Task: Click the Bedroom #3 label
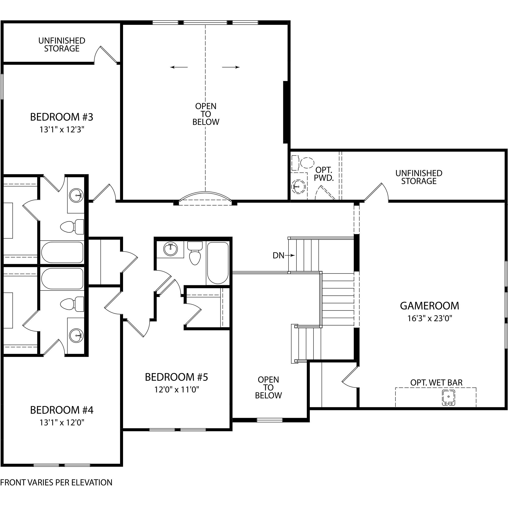(x=62, y=117)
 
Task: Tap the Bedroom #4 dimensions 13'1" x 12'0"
(x=62, y=422)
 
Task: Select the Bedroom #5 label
(x=176, y=377)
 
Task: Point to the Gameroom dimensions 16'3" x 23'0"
(x=430, y=318)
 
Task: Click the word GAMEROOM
(x=430, y=306)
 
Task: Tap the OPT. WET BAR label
(x=436, y=382)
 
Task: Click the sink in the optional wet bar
(x=448, y=397)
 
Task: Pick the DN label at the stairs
(x=279, y=255)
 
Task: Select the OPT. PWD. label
(x=324, y=174)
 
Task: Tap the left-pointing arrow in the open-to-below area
(x=179, y=67)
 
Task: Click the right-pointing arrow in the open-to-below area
(x=231, y=67)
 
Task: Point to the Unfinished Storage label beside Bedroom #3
(x=62, y=45)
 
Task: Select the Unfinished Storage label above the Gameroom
(x=419, y=177)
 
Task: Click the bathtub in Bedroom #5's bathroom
(x=218, y=263)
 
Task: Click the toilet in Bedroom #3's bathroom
(x=72, y=227)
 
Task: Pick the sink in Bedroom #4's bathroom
(x=76, y=336)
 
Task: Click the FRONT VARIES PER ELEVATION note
(x=56, y=483)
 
